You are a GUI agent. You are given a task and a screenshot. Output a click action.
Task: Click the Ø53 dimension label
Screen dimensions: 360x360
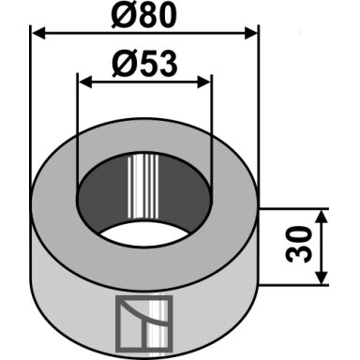(144, 64)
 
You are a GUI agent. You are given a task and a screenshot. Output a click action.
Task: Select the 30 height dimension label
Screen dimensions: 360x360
(299, 245)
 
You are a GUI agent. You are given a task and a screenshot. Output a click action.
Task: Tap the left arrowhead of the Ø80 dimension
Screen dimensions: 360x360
(39, 33)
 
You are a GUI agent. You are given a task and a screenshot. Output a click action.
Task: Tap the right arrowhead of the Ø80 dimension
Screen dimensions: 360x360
(250, 33)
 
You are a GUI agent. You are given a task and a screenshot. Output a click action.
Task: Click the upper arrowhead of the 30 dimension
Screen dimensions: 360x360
(322, 217)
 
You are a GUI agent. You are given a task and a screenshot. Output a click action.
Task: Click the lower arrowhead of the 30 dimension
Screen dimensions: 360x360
(322, 277)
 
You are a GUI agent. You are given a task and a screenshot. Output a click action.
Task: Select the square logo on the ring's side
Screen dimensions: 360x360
(144, 323)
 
